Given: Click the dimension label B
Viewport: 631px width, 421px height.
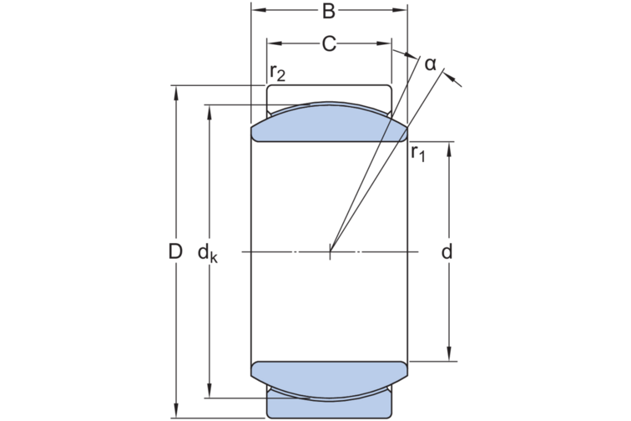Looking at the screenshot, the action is tap(329, 12).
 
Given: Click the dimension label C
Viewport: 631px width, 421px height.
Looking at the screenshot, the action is tap(329, 44).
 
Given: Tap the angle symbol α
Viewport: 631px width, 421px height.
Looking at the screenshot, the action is tap(430, 64).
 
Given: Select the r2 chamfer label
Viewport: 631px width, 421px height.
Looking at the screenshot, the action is tap(278, 73).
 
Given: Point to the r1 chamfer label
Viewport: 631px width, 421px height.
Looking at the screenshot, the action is tap(417, 153).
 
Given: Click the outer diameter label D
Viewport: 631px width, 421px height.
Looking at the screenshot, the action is tap(175, 251).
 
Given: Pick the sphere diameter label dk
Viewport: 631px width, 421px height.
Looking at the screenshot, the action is tap(208, 253).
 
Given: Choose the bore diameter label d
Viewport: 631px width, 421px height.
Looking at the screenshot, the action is tap(447, 251).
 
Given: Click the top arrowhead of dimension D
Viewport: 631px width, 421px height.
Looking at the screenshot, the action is tap(175, 93).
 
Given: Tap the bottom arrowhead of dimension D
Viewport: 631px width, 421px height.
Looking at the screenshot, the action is tap(175, 411).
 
